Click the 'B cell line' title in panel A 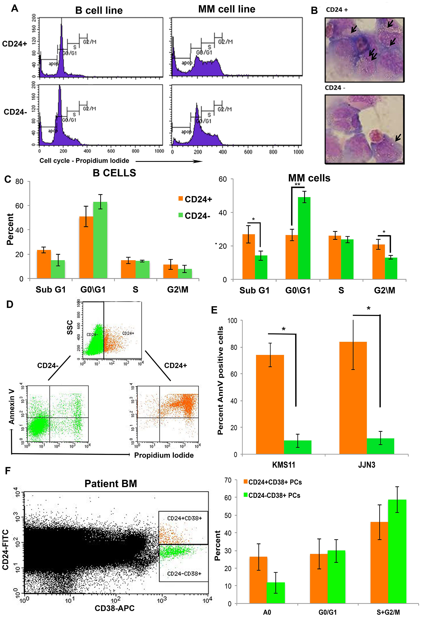(x=99, y=10)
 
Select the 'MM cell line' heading (x=226, y=9)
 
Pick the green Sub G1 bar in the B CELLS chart (x=58, y=269)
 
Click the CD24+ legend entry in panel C (x=195, y=199)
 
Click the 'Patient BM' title (x=111, y=484)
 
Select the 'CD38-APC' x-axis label (x=115, y=608)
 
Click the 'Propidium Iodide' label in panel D (x=164, y=455)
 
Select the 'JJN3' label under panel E (x=366, y=465)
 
